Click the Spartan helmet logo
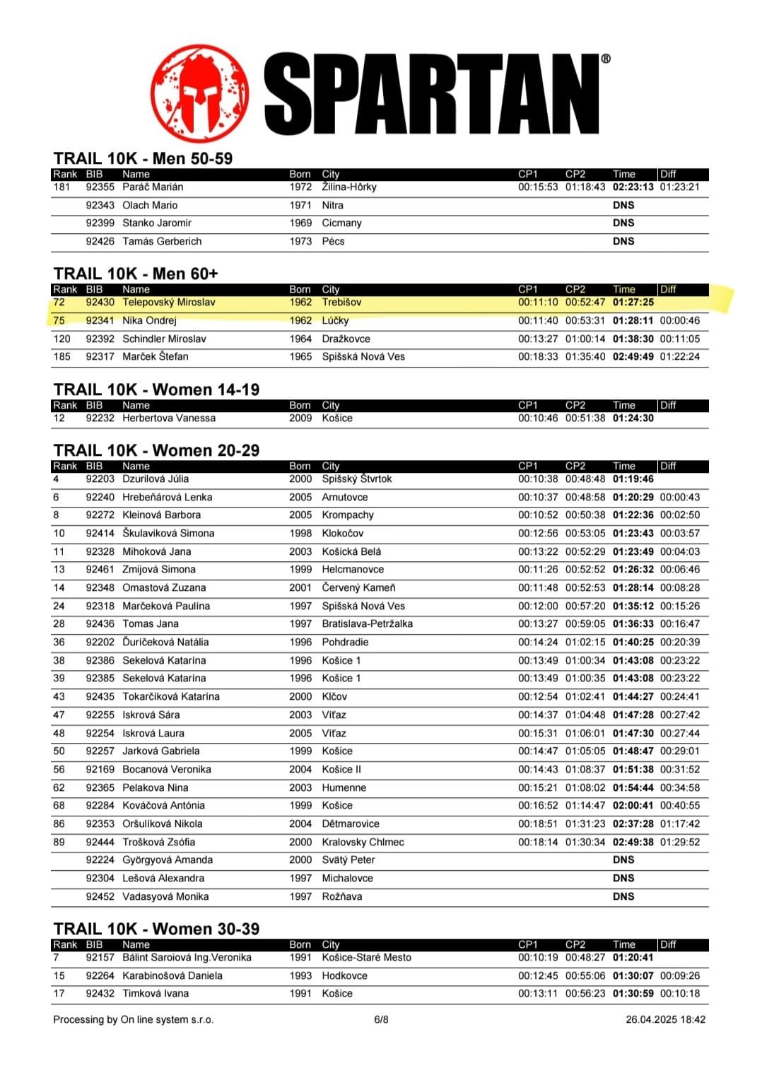(x=200, y=93)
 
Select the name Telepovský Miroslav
(x=168, y=303)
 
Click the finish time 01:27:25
(x=633, y=303)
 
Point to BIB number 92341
(x=100, y=321)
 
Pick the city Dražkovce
(x=346, y=339)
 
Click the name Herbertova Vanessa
(x=168, y=418)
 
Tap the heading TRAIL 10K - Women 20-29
(x=156, y=451)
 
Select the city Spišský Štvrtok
(x=356, y=479)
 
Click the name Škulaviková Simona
(x=168, y=534)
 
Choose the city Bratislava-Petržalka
(x=367, y=624)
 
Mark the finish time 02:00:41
(x=633, y=806)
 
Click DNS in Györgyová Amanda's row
(x=623, y=860)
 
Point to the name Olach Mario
(x=150, y=206)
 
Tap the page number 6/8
(x=381, y=1020)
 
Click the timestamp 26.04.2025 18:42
(x=665, y=1020)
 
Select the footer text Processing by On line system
(x=133, y=1020)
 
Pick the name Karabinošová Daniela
(x=172, y=976)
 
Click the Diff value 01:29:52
(x=679, y=843)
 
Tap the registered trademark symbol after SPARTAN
(x=606, y=59)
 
